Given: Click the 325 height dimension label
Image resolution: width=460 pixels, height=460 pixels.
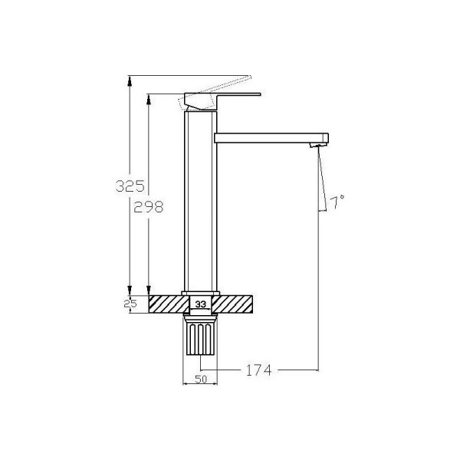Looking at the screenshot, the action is [x=130, y=186].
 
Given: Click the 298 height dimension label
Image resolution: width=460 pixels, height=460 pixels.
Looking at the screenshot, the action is [x=148, y=207].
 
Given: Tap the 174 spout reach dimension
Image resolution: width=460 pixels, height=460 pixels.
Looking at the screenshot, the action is [x=258, y=370].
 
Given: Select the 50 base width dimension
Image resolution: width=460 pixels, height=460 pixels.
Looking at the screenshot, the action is [x=201, y=379].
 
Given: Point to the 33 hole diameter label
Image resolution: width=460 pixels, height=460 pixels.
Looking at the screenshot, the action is [x=201, y=304].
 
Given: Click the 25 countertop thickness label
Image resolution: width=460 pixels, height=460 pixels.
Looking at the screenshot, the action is [x=130, y=304].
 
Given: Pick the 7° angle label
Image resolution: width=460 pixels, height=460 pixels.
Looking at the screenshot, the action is [x=337, y=202].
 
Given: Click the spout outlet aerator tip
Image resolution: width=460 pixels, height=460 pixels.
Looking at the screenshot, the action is [x=318, y=145].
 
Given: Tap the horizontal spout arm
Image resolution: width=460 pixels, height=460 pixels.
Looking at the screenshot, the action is [x=271, y=138].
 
